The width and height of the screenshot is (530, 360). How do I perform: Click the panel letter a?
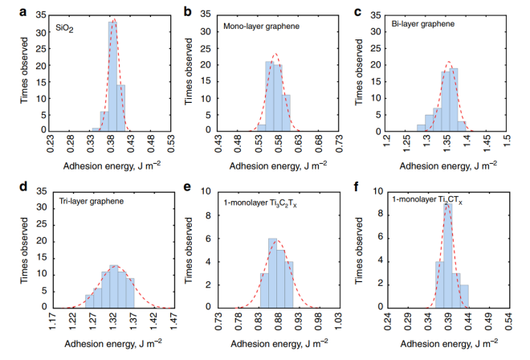(x=10, y=11)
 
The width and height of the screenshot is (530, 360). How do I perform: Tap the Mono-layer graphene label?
(x=261, y=27)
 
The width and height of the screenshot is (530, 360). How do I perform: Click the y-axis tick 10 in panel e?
(x=207, y=192)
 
